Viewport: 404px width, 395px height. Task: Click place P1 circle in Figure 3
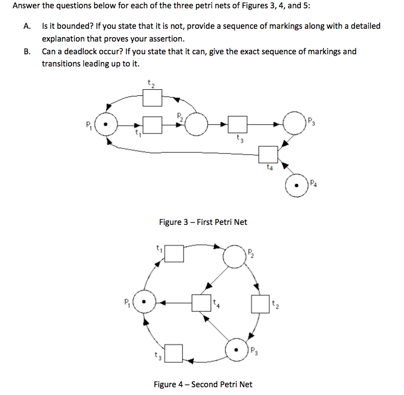pos(109,125)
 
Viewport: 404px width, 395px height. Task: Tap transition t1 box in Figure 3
pos(152,125)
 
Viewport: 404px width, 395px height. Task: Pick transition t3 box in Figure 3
pos(238,125)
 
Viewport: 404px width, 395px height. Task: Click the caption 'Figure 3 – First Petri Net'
pos(203,222)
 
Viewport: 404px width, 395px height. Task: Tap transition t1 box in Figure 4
pos(175,253)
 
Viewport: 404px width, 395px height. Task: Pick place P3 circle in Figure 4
pos(237,350)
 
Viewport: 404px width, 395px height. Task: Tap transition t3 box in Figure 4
pos(175,352)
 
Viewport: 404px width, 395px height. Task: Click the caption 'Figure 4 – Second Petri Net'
pos(202,384)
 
